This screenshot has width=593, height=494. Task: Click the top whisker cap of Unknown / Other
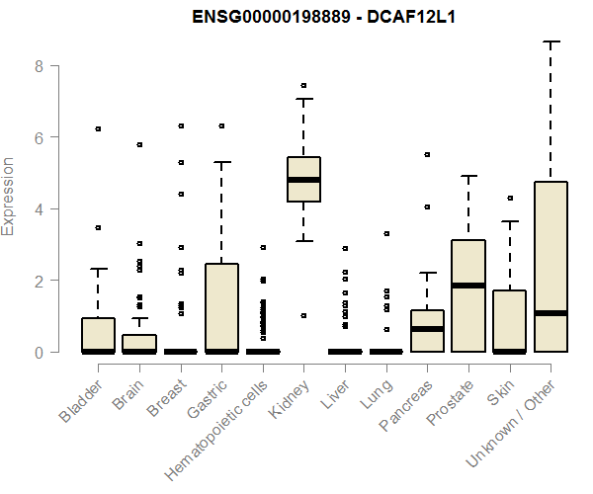551,41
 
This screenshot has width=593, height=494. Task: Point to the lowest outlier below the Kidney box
303,316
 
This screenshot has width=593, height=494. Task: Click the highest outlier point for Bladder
98,128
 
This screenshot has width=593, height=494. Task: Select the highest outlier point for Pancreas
427,155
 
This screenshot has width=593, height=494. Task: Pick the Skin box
510,321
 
